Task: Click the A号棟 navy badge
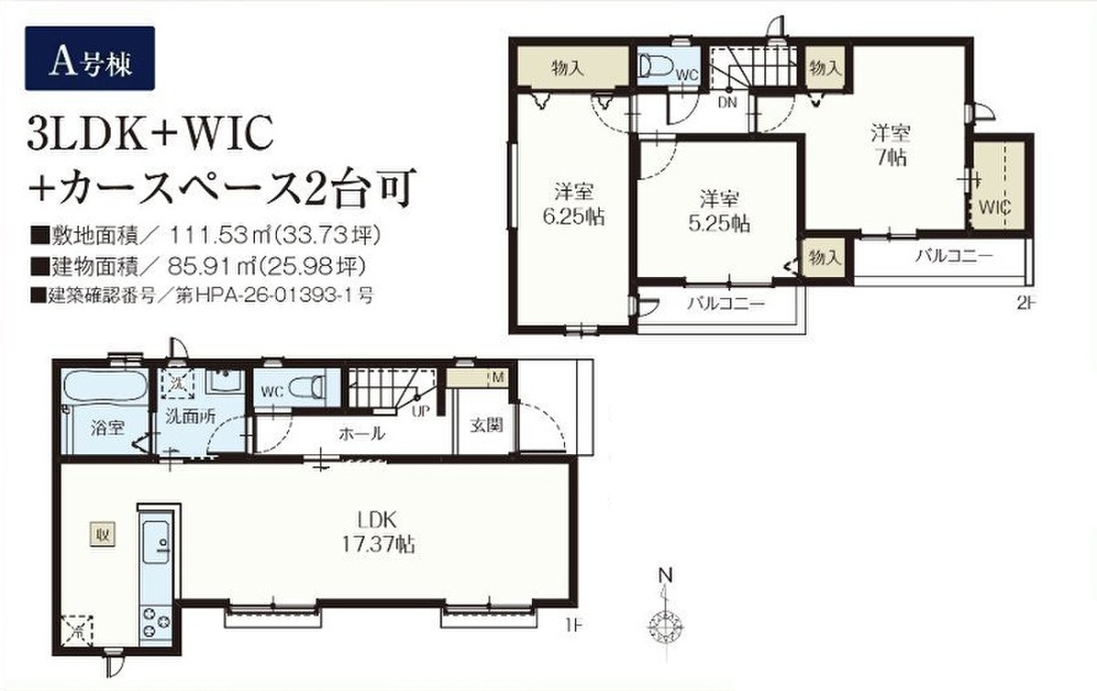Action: point(90,58)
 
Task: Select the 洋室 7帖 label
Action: point(890,145)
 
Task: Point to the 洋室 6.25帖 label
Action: point(574,204)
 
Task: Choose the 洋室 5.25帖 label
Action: point(719,211)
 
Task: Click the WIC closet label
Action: point(996,207)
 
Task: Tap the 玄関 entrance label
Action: point(486,425)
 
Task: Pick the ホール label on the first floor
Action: point(362,433)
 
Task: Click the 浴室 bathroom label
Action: point(108,428)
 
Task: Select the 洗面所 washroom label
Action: point(190,417)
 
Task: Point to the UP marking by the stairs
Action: point(421,412)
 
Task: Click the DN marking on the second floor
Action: point(728,102)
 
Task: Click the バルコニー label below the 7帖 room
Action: point(954,256)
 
